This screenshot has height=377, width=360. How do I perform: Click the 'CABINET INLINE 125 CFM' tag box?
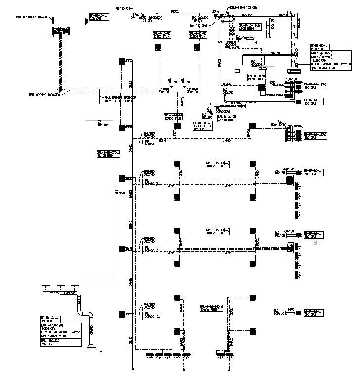click(x=201, y=126)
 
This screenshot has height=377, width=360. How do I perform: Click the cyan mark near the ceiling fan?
click(x=223, y=22)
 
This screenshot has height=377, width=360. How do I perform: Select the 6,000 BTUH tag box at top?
click(x=249, y=26)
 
